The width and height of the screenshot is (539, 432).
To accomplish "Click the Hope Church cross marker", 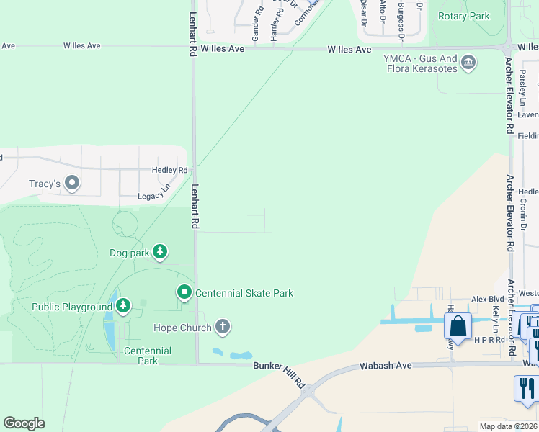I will [x=223, y=328].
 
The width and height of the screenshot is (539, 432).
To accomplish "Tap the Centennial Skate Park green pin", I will [x=184, y=292].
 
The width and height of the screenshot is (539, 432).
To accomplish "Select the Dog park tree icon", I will [x=159, y=252].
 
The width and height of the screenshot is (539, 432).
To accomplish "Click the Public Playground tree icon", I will [x=123, y=307].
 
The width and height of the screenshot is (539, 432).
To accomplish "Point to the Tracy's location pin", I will [x=71, y=184].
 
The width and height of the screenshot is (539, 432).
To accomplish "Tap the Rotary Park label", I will [x=463, y=16].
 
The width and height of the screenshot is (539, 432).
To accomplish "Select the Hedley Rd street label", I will [x=169, y=170].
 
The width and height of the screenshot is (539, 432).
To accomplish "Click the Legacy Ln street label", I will [x=155, y=194].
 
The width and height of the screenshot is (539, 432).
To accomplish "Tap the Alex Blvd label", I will [x=487, y=299].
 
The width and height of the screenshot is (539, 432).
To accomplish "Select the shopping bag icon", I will [x=458, y=327].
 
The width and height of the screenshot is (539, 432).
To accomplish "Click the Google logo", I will [x=24, y=423].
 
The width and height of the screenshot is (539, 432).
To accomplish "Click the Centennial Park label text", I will [x=148, y=356].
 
